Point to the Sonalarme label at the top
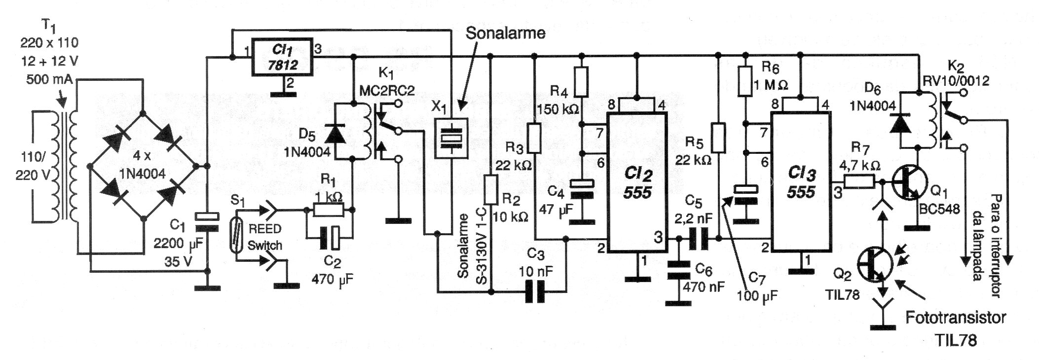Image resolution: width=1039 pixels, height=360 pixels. coord(506,33)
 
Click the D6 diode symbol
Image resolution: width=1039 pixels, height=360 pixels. coord(901,123)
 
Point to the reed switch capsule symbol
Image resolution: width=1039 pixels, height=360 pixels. coord(237,236)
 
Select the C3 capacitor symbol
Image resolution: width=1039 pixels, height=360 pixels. coord(536,292)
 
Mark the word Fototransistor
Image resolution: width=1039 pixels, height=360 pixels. coord(955,318)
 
